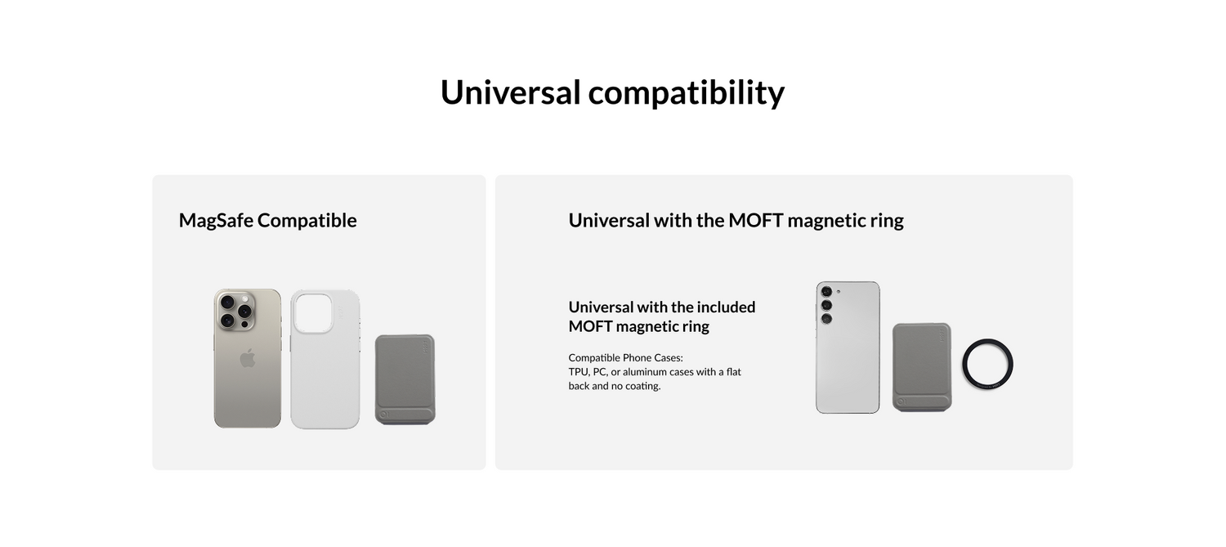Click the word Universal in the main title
tap(510, 92)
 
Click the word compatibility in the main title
tap(687, 93)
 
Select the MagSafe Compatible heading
tap(267, 220)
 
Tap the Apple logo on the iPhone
tap(248, 358)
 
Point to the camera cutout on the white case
tap(313, 312)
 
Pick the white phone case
tap(325, 359)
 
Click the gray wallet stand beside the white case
tap(405, 379)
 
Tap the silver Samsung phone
tap(848, 347)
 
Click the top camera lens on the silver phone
tap(826, 292)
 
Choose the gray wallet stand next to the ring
tap(922, 367)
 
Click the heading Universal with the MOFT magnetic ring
tap(736, 220)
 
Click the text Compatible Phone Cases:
tap(625, 357)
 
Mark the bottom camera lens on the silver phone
tap(826, 319)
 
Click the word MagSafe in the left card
tap(217, 221)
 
